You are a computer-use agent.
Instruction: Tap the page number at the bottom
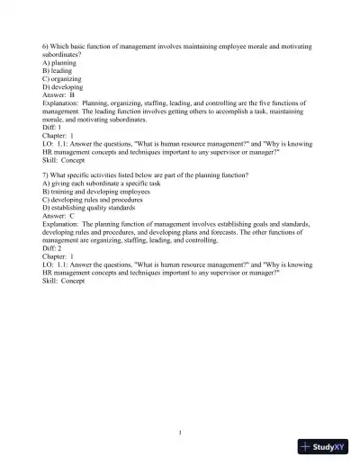click(180, 432)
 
